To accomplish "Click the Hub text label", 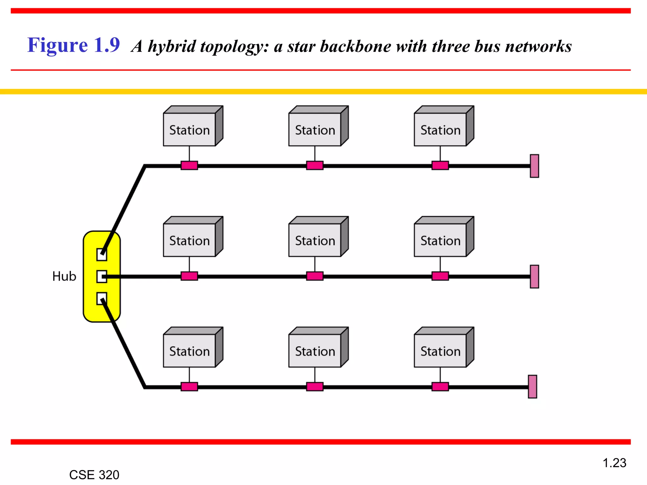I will tap(64, 276).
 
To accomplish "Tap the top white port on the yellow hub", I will tap(101, 254).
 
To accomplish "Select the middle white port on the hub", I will tap(101, 277).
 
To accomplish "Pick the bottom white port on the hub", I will tap(101, 298).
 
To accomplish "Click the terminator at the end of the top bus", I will tap(534, 166).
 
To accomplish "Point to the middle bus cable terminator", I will tap(534, 276).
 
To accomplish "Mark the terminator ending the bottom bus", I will tap(532, 386).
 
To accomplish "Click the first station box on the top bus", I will tap(190, 130).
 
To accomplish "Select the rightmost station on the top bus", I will tap(440, 130).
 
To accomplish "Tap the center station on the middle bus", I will tap(315, 240).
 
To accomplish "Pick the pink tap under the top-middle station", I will tap(315, 165).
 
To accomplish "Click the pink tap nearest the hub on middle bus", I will tap(189, 276).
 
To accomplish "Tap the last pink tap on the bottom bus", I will tap(440, 386).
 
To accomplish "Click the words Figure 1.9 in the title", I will tap(73, 45).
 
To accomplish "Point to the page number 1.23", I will tap(614, 463).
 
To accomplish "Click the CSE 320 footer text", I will tap(94, 475).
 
